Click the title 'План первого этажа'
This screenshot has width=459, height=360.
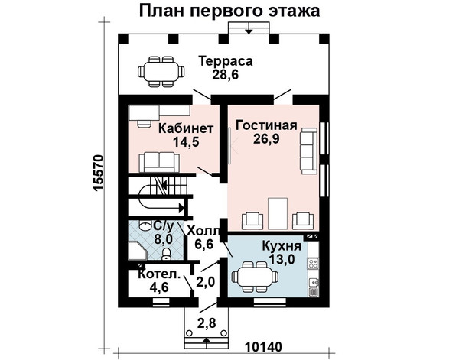click(229, 11)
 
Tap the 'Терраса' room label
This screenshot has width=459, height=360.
click(226, 61)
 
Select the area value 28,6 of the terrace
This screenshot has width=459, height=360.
click(226, 75)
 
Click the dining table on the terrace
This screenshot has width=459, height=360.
click(161, 72)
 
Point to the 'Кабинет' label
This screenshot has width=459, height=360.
click(186, 128)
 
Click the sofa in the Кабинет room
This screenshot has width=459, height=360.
click(159, 163)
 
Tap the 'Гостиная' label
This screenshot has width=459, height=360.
click(266, 125)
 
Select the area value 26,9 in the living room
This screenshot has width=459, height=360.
click(266, 138)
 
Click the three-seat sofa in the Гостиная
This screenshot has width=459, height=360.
click(308, 151)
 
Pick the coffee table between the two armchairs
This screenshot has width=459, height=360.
click(278, 213)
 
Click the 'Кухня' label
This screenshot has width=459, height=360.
click(282, 246)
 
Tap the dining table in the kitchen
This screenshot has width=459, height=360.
click(255, 277)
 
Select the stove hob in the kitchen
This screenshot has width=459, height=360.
click(313, 263)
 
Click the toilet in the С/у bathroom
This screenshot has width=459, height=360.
click(166, 253)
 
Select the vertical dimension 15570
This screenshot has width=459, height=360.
click(98, 174)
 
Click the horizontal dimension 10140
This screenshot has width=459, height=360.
click(263, 347)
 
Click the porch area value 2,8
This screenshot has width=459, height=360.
click(207, 323)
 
